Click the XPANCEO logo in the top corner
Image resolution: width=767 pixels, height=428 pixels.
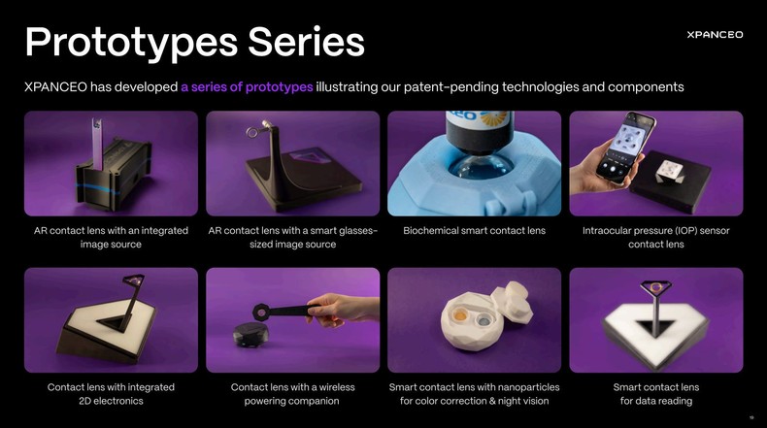(x=714, y=34)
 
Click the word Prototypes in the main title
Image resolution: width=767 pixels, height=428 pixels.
(x=129, y=41)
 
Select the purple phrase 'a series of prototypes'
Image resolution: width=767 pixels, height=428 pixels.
(x=247, y=86)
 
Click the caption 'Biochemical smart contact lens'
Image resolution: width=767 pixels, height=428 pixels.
(x=474, y=231)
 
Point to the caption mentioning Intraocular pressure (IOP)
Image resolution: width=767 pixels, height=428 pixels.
(x=655, y=237)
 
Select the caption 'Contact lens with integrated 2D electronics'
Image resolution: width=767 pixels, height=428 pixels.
(x=111, y=393)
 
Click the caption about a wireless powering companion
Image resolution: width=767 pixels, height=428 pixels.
(x=292, y=393)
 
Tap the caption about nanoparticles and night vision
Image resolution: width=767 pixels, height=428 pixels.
(x=474, y=393)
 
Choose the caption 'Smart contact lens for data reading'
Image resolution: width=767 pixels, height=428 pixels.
(x=655, y=393)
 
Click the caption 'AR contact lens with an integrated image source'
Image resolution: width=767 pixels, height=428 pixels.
(x=111, y=237)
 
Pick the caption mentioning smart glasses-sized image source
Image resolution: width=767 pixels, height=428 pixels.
(x=292, y=237)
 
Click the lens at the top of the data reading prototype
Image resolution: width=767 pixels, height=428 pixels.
(x=657, y=287)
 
